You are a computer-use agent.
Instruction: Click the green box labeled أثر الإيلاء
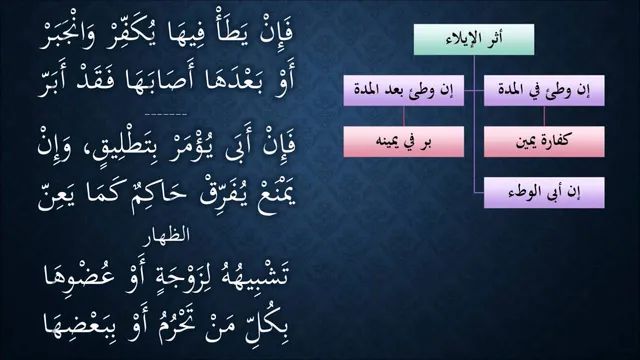[x=474, y=39]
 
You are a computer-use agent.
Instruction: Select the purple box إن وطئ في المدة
[x=544, y=90]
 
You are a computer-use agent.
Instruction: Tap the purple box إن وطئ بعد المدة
[x=404, y=90]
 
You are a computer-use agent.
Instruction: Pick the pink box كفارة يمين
[x=544, y=142]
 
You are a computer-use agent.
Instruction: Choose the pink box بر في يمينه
[x=404, y=142]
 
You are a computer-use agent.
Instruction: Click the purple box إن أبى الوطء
[x=544, y=193]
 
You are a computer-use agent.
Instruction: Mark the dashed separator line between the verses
[x=166, y=115]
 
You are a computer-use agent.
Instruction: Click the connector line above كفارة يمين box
[x=544, y=116]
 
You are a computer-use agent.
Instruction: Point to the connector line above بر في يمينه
[x=404, y=116]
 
